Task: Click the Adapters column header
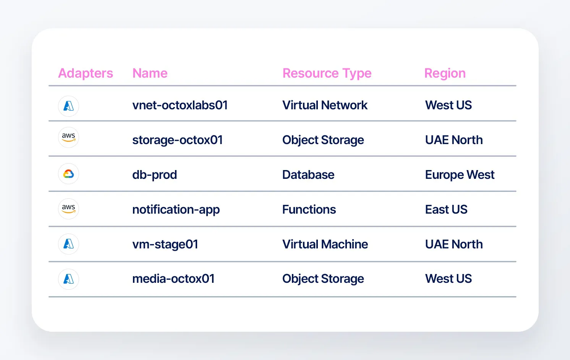pos(86,73)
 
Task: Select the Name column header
pos(150,73)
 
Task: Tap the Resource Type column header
pos(327,73)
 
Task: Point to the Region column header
pos(445,73)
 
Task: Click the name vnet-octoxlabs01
pos(180,105)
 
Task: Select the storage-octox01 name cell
pos(177,140)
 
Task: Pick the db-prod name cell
pos(154,175)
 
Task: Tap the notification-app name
pos(176,209)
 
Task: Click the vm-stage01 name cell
pos(165,245)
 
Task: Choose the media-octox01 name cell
pos(173,279)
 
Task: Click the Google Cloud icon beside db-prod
pos(68,174)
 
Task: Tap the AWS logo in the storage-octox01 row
pos(68,138)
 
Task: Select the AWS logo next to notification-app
pos(68,209)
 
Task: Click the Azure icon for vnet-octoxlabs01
pos(68,106)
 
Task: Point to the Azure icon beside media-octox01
pos(68,279)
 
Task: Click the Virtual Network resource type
pos(325,105)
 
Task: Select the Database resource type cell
pos(308,175)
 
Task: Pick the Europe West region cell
pos(460,175)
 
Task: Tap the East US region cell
pos(446,209)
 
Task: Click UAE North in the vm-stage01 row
pos(454,245)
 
